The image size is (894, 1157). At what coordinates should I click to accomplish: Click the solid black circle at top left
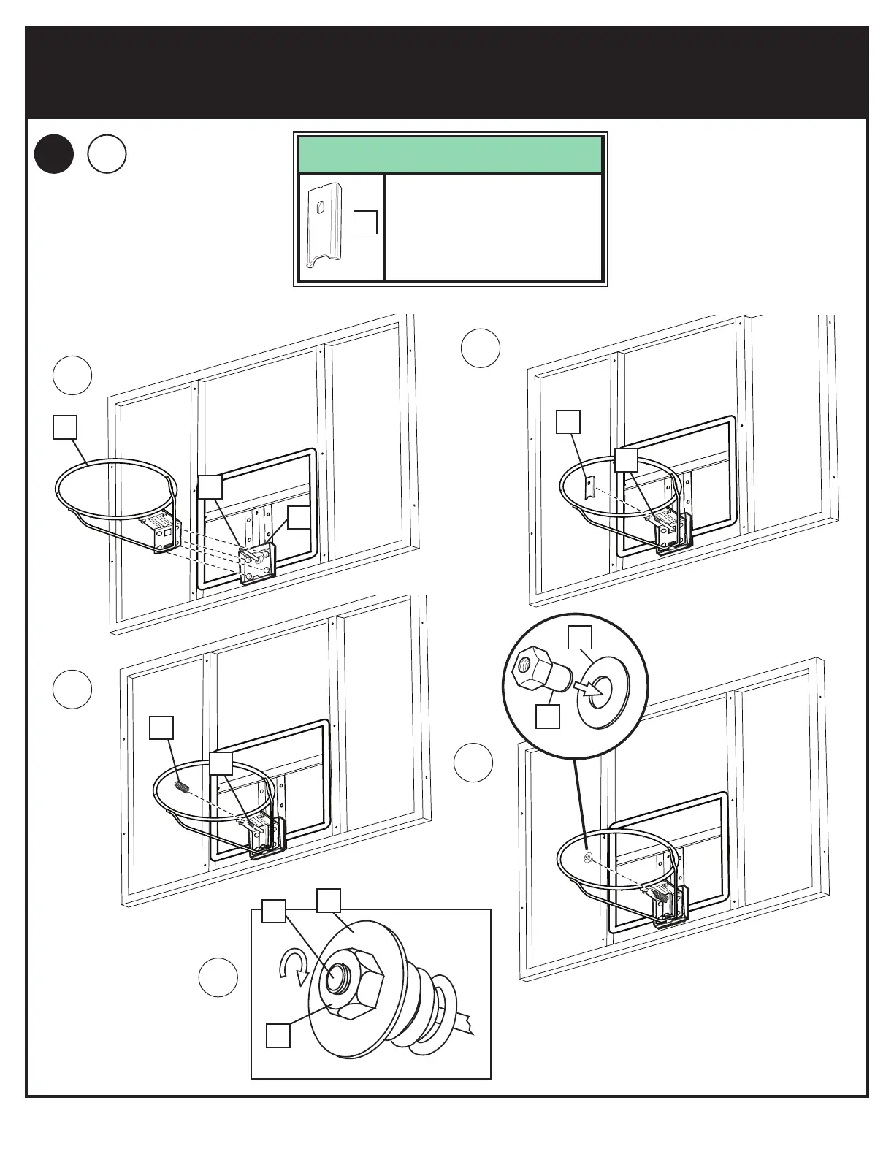click(x=54, y=155)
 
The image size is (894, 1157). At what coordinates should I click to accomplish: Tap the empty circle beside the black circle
click(x=107, y=155)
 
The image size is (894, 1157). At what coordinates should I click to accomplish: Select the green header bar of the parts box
click(x=450, y=154)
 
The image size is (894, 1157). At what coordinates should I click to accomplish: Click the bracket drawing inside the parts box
click(x=326, y=227)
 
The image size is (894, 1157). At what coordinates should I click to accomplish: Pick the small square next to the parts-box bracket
click(x=365, y=223)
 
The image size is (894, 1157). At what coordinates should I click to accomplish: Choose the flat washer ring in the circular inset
click(x=603, y=689)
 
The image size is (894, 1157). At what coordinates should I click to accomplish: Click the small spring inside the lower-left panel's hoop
click(x=183, y=786)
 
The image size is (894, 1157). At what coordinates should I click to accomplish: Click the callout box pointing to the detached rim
click(x=65, y=427)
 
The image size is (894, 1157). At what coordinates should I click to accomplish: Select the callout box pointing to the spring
click(x=161, y=728)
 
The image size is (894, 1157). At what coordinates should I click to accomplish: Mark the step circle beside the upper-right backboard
click(x=481, y=348)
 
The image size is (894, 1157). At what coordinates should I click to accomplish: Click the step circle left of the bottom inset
click(x=218, y=977)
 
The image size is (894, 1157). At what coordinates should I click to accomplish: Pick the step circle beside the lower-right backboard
click(x=473, y=763)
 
